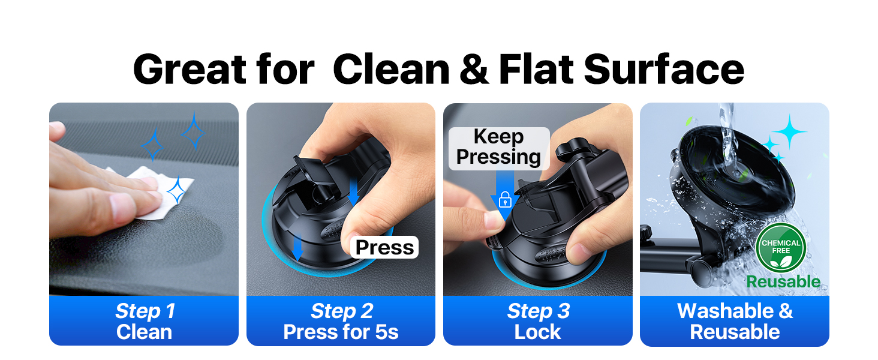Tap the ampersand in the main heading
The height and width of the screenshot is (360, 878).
point(474,70)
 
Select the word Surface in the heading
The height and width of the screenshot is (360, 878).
point(663,70)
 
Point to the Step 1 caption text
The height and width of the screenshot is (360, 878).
point(145,311)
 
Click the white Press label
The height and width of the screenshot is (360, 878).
point(384,247)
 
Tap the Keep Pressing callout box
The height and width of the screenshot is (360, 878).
point(498,148)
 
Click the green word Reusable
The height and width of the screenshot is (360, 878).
point(783,281)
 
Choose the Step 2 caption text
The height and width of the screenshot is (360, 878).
point(341,311)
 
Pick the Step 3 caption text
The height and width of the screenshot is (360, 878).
point(538,311)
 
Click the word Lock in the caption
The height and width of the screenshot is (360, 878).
point(538,332)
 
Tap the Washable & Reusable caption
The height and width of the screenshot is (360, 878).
point(735,321)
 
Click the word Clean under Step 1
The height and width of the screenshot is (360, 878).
point(145,332)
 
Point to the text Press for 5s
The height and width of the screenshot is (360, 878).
point(341,332)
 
